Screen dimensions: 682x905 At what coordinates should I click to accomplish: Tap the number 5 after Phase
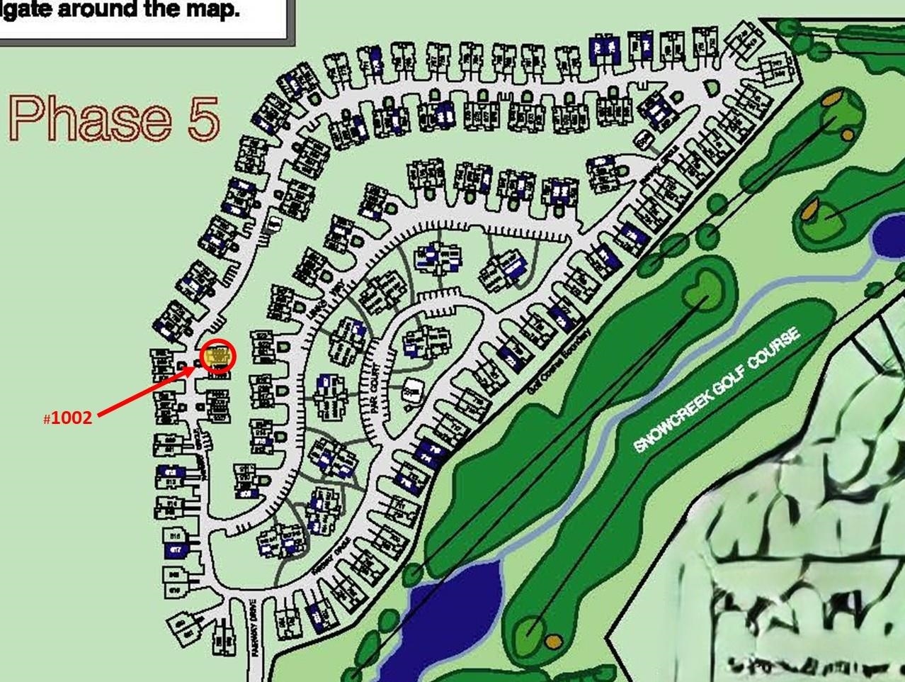(x=204, y=118)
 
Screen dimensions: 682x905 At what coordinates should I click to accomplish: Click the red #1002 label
(x=69, y=418)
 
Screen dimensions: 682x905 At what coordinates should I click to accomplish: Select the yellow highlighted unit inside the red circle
(x=218, y=354)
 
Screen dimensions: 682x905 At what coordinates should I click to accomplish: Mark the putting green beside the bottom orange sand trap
(x=533, y=627)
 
